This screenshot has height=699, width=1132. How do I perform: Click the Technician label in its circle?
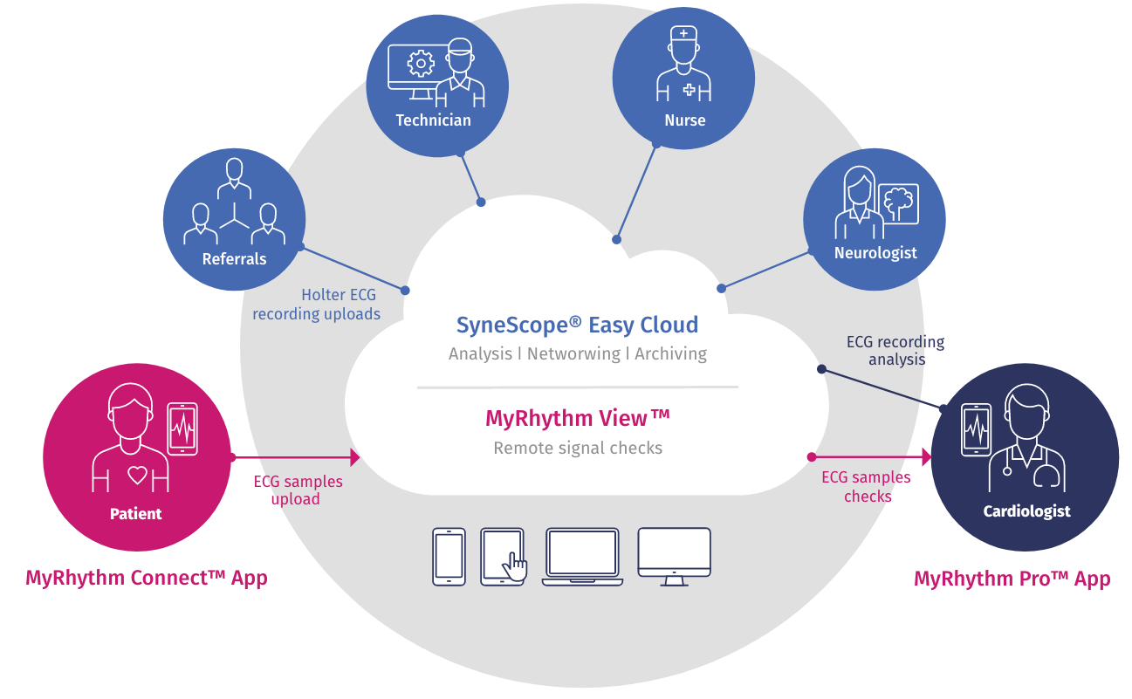433,120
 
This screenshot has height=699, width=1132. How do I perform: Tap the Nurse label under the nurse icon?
684,120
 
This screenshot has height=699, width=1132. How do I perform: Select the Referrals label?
234,259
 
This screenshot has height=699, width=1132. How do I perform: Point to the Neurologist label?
875,253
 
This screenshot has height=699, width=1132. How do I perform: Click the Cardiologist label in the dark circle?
1026,511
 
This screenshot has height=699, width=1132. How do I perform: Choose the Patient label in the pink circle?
135,514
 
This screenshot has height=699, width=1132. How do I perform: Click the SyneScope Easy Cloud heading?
577,325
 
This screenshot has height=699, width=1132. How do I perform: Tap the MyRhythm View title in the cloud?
578,418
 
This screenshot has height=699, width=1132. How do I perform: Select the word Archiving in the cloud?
670,353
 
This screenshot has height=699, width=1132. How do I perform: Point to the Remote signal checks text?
578,448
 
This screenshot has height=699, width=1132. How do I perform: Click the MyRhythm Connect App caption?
147,578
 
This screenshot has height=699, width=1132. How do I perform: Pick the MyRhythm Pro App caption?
1012,579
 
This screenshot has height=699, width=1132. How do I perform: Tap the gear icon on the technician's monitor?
421,64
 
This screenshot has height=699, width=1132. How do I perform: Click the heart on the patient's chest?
136,476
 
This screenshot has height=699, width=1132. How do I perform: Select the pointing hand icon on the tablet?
515,565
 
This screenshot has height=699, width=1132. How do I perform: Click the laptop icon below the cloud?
581,556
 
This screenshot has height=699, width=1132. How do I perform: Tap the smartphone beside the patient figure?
182,428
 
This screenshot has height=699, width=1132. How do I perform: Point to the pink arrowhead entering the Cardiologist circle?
926,456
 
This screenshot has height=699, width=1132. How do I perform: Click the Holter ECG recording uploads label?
317,305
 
